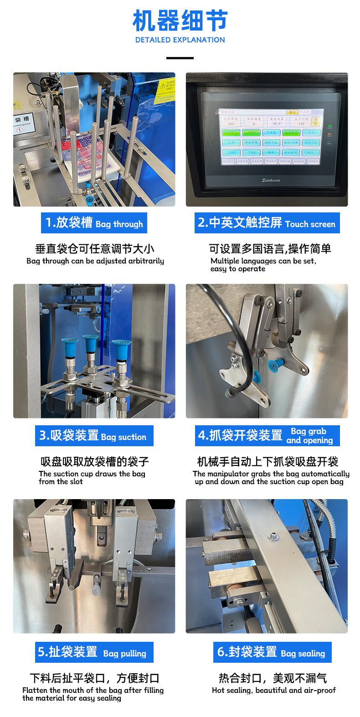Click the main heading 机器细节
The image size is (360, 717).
click(180, 21)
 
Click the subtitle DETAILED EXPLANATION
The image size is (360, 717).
click(180, 40)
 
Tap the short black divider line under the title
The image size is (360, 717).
click(180, 58)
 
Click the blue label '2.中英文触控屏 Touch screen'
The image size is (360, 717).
click(267, 223)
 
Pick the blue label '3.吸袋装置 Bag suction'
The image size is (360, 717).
click(94, 436)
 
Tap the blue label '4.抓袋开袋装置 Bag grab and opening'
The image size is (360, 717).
click(267, 436)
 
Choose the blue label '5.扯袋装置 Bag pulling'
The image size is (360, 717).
click(94, 652)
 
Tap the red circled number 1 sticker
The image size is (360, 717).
click(20, 129)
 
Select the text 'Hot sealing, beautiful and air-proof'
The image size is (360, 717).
click(273, 691)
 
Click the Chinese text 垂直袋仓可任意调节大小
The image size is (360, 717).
click(95, 249)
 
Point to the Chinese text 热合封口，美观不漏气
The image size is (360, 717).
click(273, 678)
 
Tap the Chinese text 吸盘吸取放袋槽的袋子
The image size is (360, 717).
click(95, 462)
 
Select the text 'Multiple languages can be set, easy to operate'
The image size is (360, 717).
click(263, 265)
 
